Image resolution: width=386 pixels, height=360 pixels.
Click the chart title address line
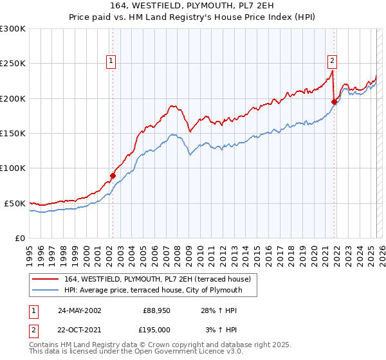pyautogui.click(x=193, y=6)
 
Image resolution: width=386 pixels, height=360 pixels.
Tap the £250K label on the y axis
pyautogui.click(x=13, y=64)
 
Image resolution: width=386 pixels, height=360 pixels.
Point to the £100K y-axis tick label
pyautogui.click(x=13, y=168)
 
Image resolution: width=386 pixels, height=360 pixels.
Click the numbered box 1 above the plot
pyautogui.click(x=111, y=61)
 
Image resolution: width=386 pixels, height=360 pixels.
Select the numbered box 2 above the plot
pyautogui.click(x=333, y=61)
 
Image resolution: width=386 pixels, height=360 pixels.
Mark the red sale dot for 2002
pyautogui.click(x=113, y=175)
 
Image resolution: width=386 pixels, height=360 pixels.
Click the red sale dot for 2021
pyautogui.click(x=334, y=102)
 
